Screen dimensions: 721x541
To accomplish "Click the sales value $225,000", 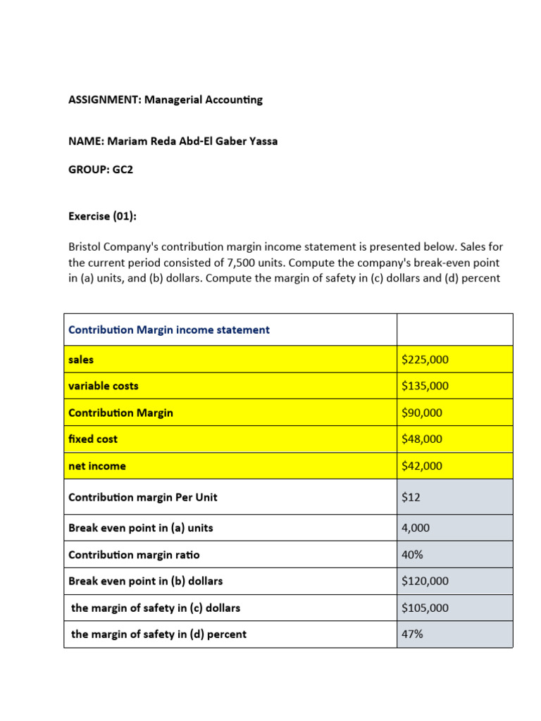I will coord(425,360).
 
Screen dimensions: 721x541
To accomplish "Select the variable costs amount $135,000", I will coord(425,386).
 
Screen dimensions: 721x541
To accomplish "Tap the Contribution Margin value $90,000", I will coord(422,413).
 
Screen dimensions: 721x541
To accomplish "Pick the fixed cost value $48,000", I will coord(422,439).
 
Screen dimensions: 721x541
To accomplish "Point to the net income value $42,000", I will coord(422,465).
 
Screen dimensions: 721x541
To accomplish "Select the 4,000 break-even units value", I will coord(416,527).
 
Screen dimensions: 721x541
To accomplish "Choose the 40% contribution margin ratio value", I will coord(412,555).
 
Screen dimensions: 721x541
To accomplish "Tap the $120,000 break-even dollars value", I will coord(425,581).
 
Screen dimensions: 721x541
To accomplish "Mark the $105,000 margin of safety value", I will coord(425,608).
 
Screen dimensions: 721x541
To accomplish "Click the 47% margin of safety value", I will coord(412,634).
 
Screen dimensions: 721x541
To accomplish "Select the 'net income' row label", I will coord(97,465).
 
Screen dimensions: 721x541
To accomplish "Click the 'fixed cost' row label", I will coord(93,439).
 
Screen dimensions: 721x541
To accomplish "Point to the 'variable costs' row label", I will coord(104,386).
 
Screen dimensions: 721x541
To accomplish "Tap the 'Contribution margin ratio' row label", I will coord(134,555).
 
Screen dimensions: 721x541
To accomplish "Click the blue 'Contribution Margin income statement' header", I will coord(169,330).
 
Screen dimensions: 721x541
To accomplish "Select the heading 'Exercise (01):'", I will coord(102,217).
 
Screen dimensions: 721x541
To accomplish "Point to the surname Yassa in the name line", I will coord(261,141).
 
